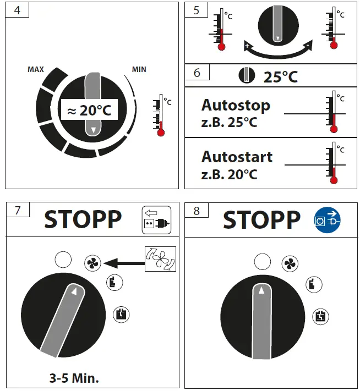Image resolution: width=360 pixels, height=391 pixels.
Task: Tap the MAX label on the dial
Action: click(x=36, y=70)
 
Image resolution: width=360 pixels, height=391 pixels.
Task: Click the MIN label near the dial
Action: click(x=139, y=70)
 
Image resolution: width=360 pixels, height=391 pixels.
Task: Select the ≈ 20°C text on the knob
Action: click(x=89, y=111)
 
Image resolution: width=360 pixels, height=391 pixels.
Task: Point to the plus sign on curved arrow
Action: click(x=248, y=46)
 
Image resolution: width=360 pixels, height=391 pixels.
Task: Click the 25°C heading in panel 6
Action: click(x=280, y=76)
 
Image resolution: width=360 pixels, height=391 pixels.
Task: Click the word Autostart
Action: click(x=236, y=157)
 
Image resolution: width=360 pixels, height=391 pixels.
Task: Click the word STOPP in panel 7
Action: click(x=83, y=219)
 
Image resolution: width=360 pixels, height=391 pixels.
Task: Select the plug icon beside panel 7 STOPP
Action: click(x=156, y=218)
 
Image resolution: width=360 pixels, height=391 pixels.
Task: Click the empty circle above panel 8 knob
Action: click(x=263, y=262)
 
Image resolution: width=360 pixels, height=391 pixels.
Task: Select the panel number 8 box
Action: click(x=197, y=211)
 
